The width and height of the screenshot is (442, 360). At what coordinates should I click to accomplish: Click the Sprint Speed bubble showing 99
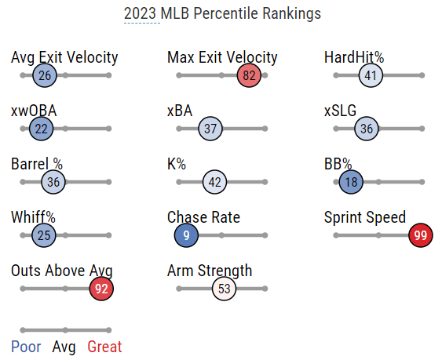point(421,235)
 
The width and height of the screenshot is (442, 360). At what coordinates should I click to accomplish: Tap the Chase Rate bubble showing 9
point(186,235)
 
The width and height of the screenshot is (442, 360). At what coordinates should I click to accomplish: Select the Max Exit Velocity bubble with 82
point(249,75)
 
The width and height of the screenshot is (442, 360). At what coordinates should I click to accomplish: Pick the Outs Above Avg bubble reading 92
point(101,289)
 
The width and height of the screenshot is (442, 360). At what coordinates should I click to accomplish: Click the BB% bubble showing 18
point(351,182)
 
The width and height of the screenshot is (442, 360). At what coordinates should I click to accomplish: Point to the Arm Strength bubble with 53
point(224,289)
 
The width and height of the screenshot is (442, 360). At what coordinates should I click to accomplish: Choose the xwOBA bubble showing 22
point(41,129)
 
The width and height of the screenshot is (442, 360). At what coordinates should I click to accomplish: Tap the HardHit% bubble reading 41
point(371,75)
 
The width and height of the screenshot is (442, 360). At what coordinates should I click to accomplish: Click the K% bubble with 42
point(214,182)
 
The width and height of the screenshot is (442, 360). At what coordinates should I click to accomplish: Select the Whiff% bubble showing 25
point(44,235)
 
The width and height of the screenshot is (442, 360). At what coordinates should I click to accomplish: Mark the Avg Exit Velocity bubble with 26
point(45,75)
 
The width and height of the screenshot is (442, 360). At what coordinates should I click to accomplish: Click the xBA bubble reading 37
point(210,129)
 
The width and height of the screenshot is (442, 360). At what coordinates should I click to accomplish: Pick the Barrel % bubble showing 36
point(53,182)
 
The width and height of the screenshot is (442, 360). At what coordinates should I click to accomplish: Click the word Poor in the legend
point(26,347)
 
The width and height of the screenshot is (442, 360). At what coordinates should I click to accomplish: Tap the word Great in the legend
point(104,347)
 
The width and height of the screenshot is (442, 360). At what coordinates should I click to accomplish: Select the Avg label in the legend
point(64,347)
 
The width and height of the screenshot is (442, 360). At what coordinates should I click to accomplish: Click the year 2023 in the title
point(140,13)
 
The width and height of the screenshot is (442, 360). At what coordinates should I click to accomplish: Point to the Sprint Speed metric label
point(365,217)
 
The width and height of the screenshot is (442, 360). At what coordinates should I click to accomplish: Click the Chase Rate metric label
point(203,217)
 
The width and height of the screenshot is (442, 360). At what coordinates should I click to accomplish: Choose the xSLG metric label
point(340,111)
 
